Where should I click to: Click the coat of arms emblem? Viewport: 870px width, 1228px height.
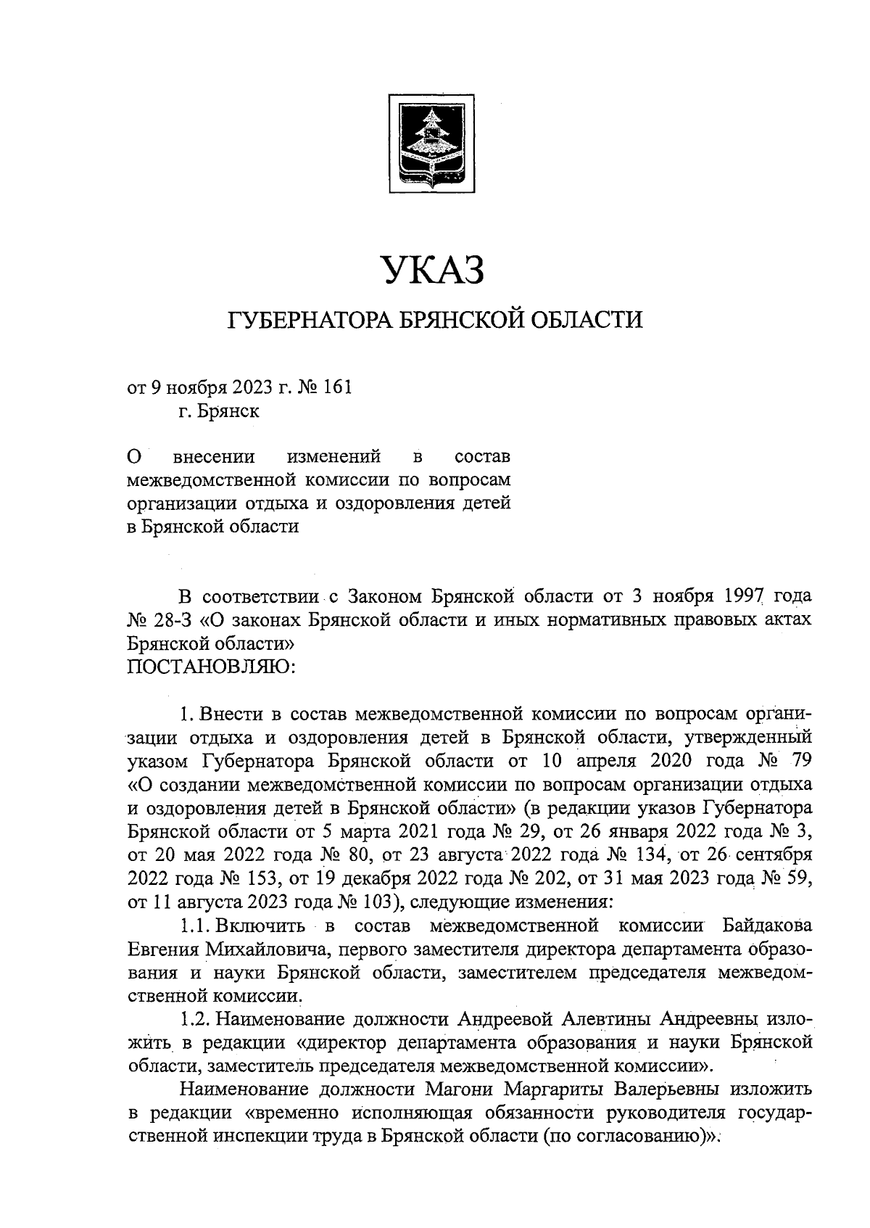pyautogui.click(x=431, y=143)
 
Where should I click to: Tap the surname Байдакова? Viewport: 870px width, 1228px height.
pyautogui.click(x=767, y=926)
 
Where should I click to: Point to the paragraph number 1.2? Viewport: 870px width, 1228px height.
pyautogui.click(x=194, y=1019)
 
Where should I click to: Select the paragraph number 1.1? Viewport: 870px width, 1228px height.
pyautogui.click(x=194, y=926)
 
